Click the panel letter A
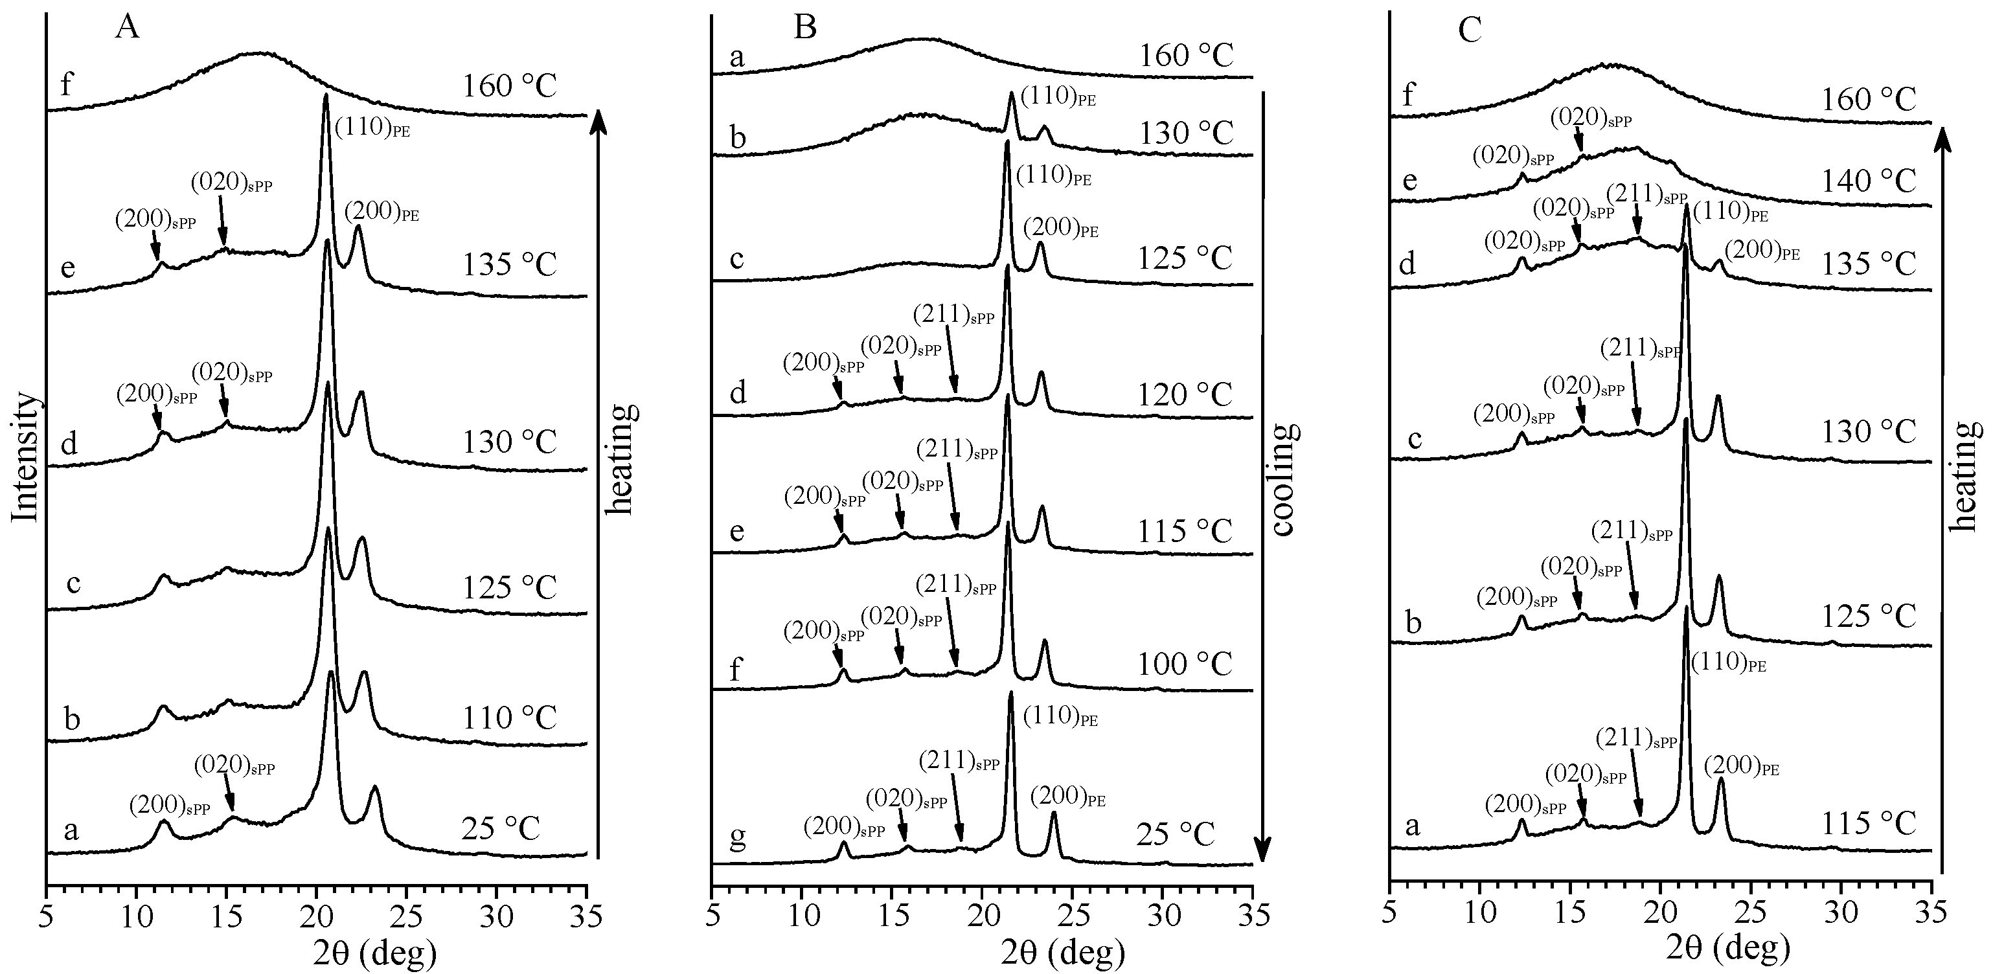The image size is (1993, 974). [x=128, y=28]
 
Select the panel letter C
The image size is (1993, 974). [x=1469, y=28]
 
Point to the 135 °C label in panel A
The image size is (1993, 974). [x=509, y=265]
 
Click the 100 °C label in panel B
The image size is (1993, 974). [x=1185, y=664]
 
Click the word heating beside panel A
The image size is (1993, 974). [x=619, y=459]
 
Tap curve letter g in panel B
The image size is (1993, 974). [x=738, y=839]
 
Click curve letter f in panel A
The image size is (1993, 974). [x=67, y=84]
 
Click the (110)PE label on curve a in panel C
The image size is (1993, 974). [x=1728, y=663]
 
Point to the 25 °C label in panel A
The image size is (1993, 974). [x=500, y=830]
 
